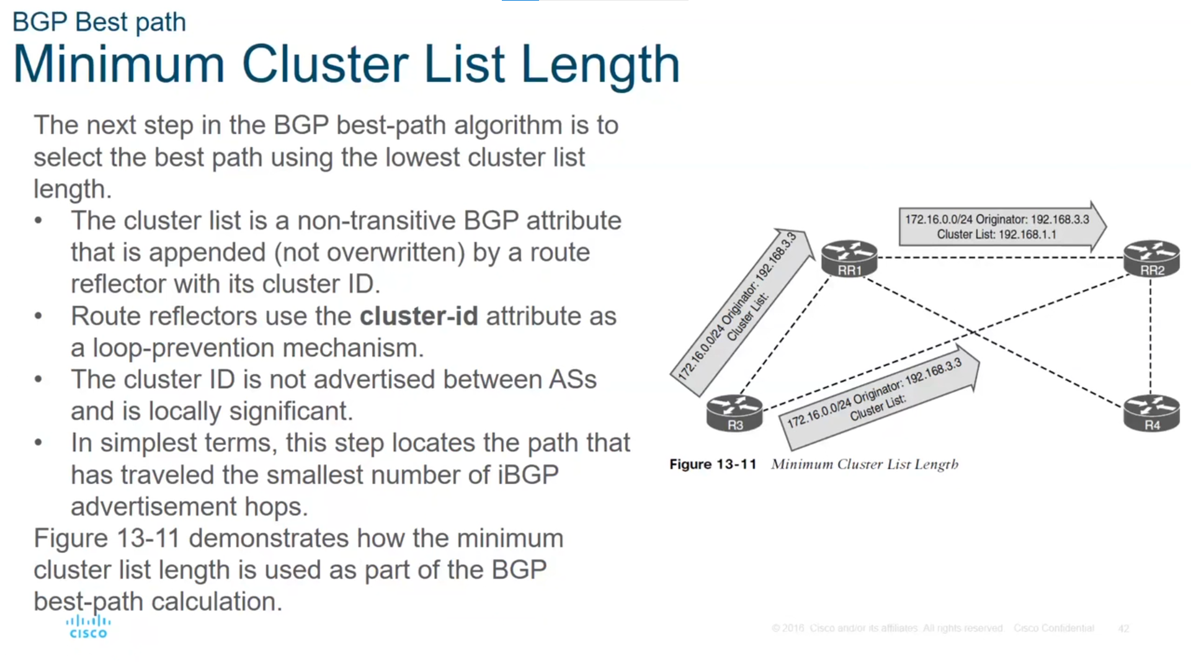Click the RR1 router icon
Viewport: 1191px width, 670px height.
click(849, 258)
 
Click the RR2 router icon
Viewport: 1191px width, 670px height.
click(1151, 258)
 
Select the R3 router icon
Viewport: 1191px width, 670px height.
click(734, 413)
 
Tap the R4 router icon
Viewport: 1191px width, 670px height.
click(1151, 413)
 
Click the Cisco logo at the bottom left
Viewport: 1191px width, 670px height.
click(88, 627)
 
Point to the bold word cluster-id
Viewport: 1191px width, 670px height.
click(419, 316)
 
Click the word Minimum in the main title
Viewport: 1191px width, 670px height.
click(118, 65)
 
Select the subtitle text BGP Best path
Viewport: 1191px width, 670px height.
click(99, 22)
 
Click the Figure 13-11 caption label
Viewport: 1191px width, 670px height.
click(713, 464)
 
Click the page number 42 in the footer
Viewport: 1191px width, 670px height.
click(1123, 628)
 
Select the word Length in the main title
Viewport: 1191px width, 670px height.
click(600, 65)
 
